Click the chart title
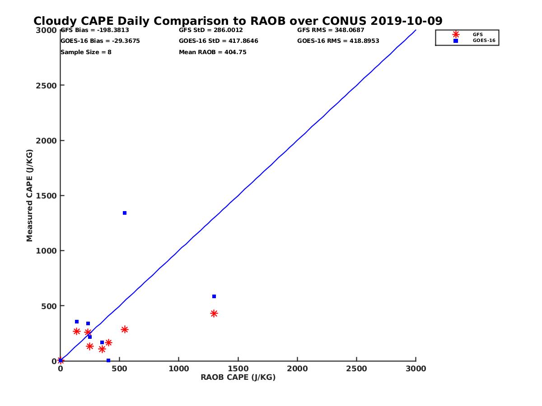pyautogui.click(x=238, y=21)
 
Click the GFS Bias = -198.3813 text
pyautogui.click(x=95, y=30)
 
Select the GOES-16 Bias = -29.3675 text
pyautogui.click(x=100, y=41)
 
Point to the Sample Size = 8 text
pyautogui.click(x=86, y=52)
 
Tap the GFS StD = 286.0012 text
pyautogui.click(x=211, y=30)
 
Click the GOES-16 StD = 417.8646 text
pyautogui.click(x=219, y=41)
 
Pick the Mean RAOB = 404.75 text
pyautogui.click(x=213, y=52)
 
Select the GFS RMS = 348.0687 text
pyautogui.click(x=331, y=30)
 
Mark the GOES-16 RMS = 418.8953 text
pyautogui.click(x=338, y=41)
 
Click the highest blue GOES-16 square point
pyautogui.click(x=125, y=213)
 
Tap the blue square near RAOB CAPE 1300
pyautogui.click(x=214, y=296)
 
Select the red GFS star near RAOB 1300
pyautogui.click(x=214, y=314)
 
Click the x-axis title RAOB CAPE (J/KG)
pyautogui.click(x=238, y=378)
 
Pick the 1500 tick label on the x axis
pyautogui.click(x=238, y=369)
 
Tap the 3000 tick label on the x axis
pyautogui.click(x=416, y=369)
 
